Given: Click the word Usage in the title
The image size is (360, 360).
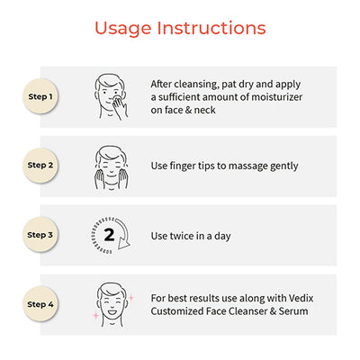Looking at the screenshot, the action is click(x=123, y=29).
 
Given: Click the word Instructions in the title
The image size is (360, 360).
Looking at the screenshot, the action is click(x=211, y=28).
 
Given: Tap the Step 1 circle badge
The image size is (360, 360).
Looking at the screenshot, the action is click(x=40, y=96).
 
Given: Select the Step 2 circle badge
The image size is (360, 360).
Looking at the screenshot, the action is click(x=40, y=165).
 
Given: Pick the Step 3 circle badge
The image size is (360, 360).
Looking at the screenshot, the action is click(x=40, y=235).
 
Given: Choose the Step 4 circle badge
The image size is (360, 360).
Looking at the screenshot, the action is click(x=40, y=304).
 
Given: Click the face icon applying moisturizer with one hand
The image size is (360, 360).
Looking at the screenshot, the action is click(x=112, y=96).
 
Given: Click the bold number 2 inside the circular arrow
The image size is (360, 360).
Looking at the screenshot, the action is click(x=109, y=235).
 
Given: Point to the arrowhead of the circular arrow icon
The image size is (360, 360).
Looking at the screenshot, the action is click(x=123, y=243).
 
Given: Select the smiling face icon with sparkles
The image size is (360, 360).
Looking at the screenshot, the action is click(x=112, y=304).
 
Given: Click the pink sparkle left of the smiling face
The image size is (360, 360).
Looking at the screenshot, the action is click(x=96, y=316).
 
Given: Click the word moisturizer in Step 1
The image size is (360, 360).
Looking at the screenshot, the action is click(x=276, y=97).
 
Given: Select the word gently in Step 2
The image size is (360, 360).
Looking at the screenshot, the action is click(x=283, y=166).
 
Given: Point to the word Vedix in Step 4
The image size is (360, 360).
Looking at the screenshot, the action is click(x=301, y=298).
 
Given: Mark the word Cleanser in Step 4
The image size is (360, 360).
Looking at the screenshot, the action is click(x=247, y=311).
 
